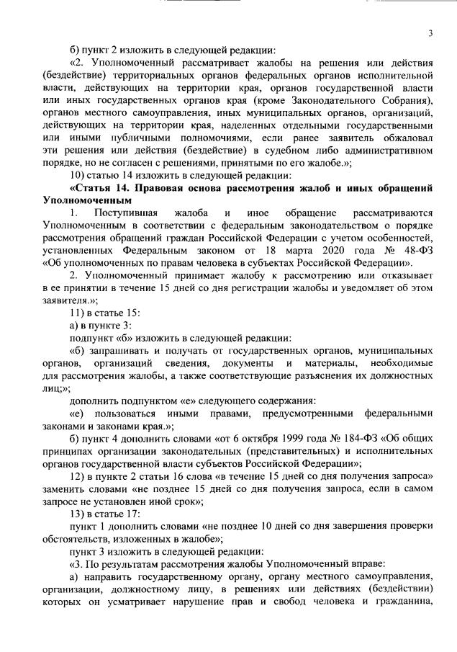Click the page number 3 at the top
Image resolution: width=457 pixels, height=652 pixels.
pos(430,32)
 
